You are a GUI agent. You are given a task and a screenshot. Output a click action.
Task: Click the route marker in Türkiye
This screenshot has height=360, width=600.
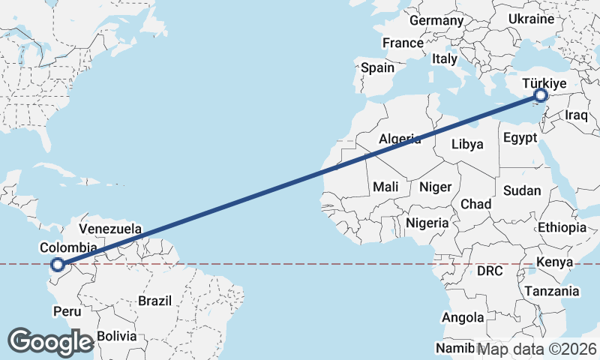[541, 95]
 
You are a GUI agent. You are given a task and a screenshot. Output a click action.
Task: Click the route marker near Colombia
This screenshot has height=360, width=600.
[57, 263]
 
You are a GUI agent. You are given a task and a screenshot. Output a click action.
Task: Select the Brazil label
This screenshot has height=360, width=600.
[154, 301]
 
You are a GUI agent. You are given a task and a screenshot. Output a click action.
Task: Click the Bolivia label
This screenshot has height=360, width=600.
[117, 335]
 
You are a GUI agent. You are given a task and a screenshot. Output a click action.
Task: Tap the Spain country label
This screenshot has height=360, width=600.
[377, 67]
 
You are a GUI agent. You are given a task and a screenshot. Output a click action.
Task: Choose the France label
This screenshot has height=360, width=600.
[403, 43]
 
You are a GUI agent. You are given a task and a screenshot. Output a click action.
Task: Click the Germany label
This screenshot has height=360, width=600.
[436, 20]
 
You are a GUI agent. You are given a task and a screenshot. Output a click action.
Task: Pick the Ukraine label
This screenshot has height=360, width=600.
[530, 19]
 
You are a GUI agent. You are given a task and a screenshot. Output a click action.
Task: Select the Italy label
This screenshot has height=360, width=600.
[445, 58]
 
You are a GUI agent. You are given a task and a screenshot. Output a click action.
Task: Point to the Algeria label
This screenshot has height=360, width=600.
[400, 139]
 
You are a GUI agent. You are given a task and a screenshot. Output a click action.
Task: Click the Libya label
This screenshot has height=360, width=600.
[466, 144]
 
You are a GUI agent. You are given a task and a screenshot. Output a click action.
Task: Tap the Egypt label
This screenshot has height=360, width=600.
[520, 138]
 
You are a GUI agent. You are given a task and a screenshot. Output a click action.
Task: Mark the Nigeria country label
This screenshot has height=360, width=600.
[427, 223]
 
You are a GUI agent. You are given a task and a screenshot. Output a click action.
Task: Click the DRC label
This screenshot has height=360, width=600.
[490, 270]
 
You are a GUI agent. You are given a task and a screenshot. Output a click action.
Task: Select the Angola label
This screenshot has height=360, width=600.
[463, 318]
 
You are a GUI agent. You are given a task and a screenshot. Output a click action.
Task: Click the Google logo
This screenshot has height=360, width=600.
[50, 341]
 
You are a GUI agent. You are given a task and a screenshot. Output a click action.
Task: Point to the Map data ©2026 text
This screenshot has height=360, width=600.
[537, 349]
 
